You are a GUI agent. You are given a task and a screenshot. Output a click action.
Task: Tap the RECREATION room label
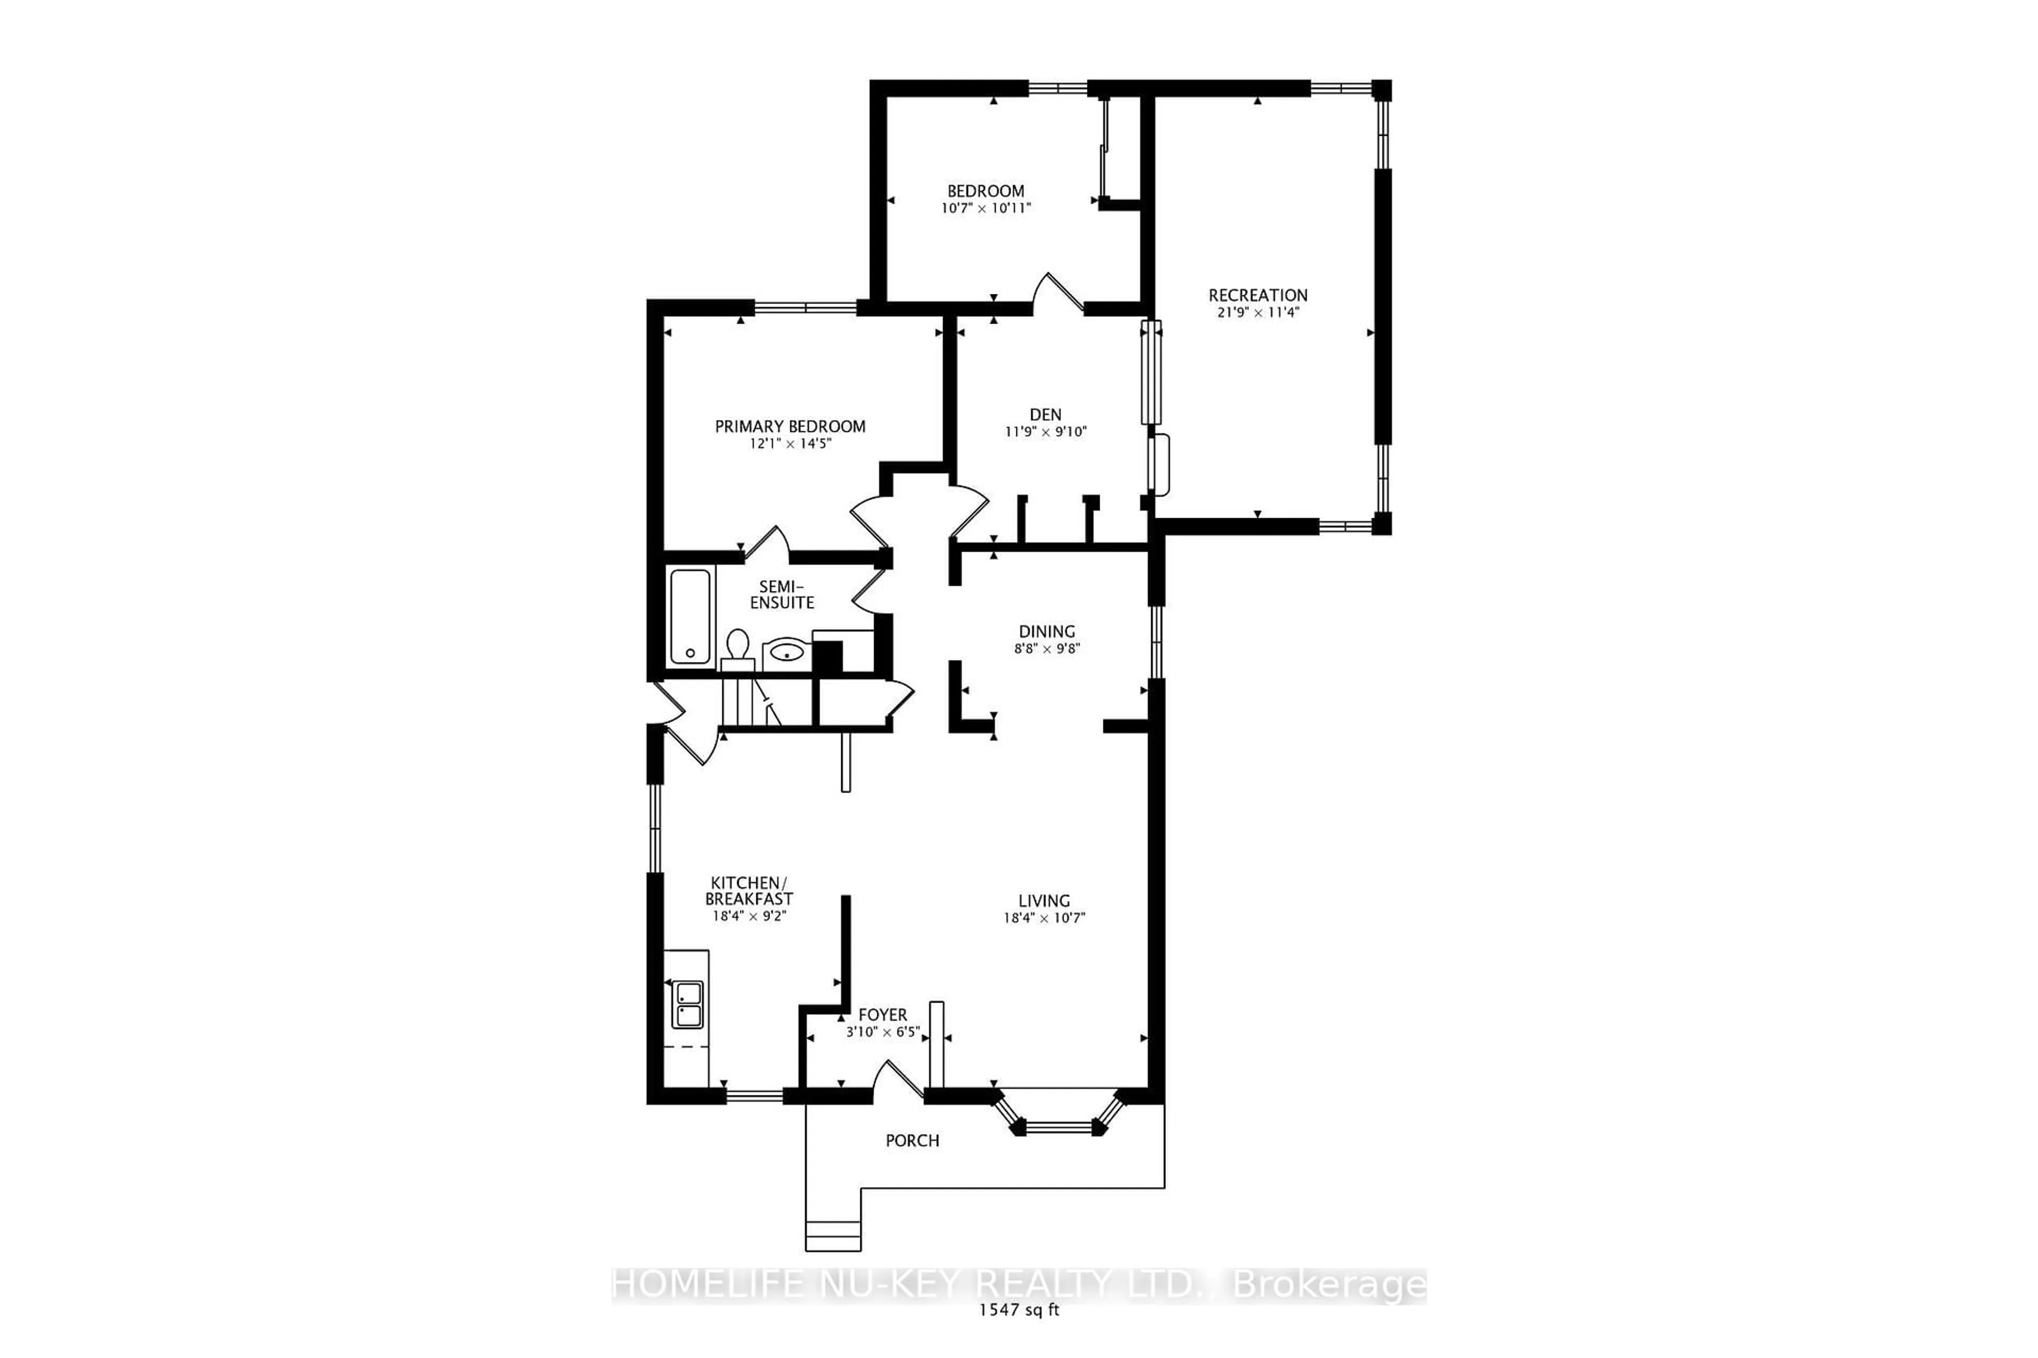tap(1258, 295)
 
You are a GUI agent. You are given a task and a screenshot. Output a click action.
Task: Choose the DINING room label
tap(1047, 631)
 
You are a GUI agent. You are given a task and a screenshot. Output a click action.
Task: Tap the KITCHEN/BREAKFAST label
tap(749, 891)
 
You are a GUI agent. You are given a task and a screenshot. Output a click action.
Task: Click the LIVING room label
tap(1044, 901)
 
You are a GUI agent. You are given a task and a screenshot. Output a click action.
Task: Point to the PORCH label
tap(912, 1141)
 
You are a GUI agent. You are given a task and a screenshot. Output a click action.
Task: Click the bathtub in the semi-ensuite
tap(690, 616)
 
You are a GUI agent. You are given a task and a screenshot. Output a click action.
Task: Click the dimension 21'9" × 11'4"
tap(1258, 312)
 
